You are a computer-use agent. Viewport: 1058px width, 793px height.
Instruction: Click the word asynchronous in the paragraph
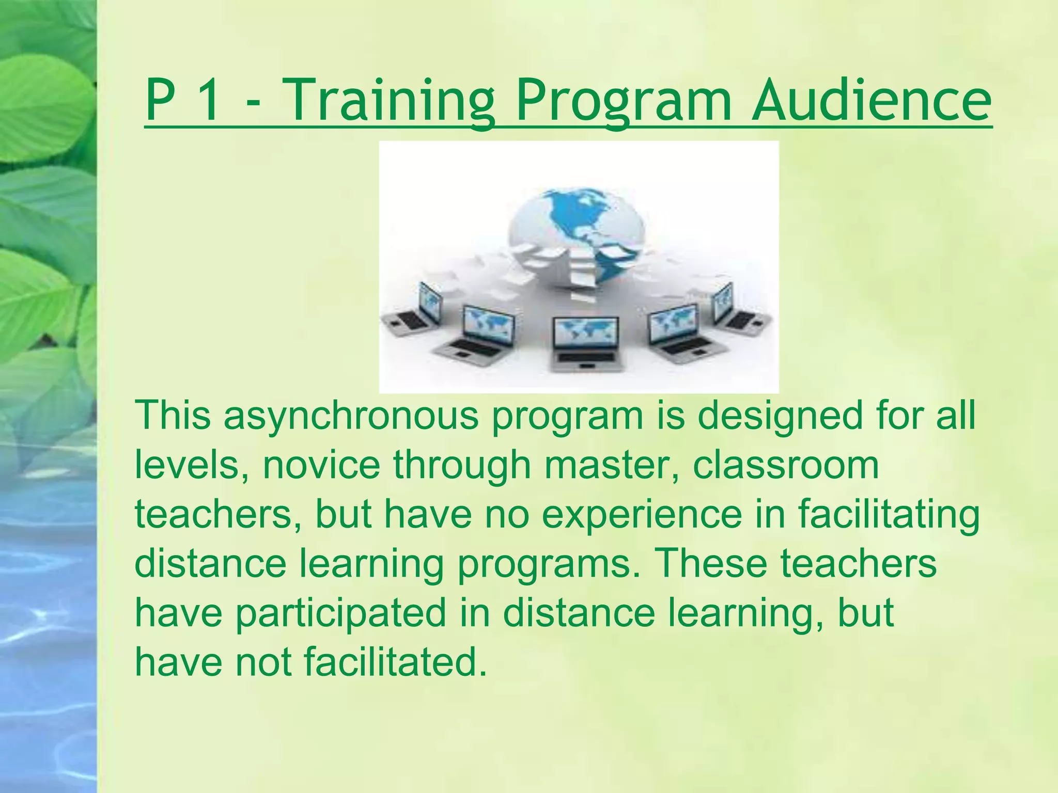pyautogui.click(x=351, y=416)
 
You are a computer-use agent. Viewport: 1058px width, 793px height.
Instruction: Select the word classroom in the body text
pyautogui.click(x=785, y=465)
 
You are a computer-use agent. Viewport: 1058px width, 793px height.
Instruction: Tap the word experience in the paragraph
pyautogui.click(x=641, y=515)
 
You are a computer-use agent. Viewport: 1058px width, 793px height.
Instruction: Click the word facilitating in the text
pyautogui.click(x=889, y=515)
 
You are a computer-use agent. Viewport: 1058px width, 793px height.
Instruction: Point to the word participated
pyautogui.click(x=341, y=613)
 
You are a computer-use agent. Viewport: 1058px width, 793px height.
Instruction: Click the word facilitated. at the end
pyautogui.click(x=395, y=662)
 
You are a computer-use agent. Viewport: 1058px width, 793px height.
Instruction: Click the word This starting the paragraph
pyautogui.click(x=173, y=416)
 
